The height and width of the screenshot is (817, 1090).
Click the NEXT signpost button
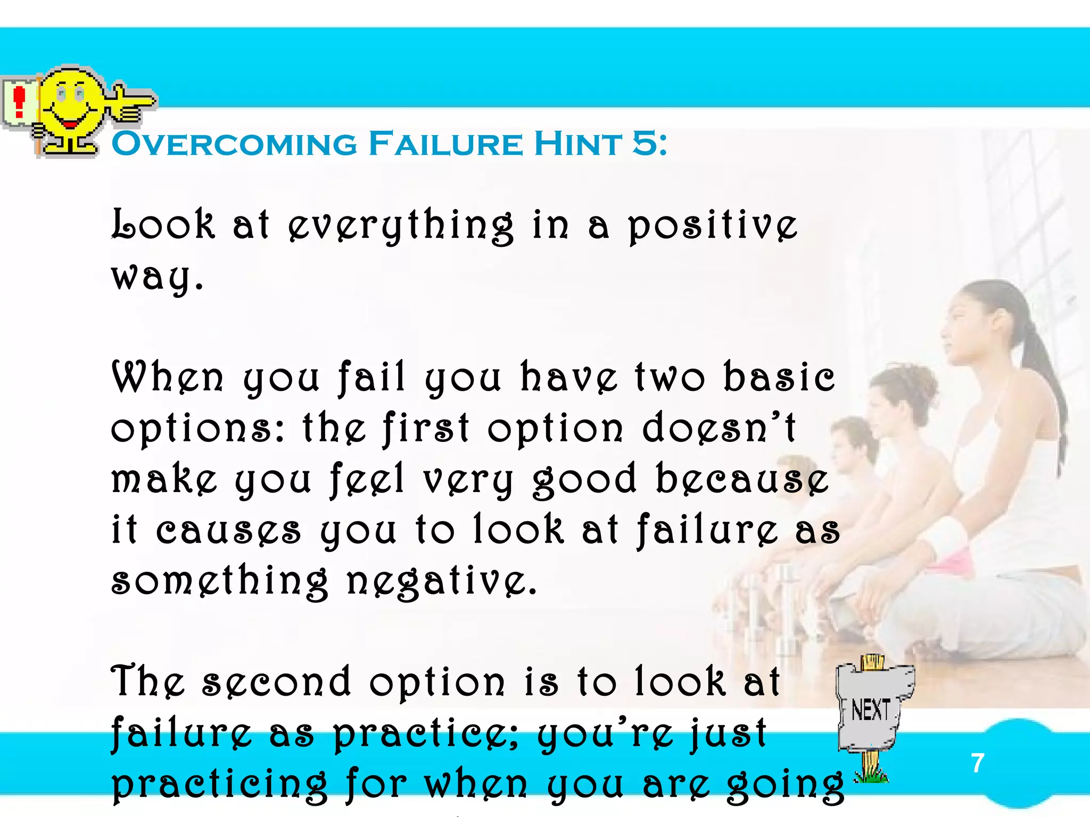tap(871, 710)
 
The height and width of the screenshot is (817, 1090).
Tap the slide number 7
tap(977, 763)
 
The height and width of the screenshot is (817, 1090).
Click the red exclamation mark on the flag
tap(20, 102)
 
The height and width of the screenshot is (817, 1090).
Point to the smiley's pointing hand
tap(130, 103)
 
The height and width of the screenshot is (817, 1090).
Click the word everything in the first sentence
tap(401, 226)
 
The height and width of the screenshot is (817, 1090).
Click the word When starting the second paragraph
tap(168, 378)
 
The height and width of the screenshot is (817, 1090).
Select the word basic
tap(779, 378)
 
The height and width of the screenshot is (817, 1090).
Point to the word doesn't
tap(719, 428)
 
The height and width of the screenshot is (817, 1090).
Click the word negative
tap(441, 581)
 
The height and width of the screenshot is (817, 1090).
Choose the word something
tap(219, 581)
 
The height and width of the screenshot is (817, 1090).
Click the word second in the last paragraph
tap(277, 682)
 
